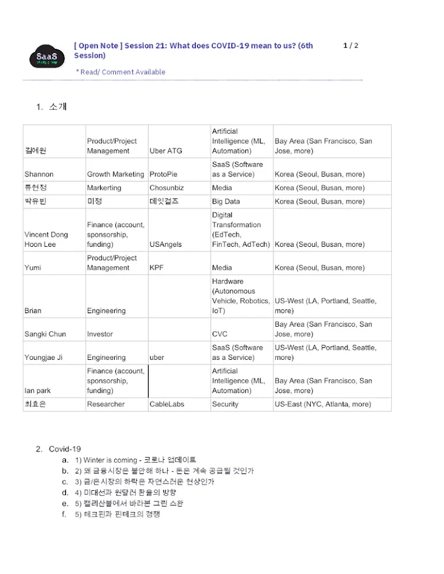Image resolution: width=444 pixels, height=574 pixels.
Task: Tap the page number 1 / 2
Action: click(350, 45)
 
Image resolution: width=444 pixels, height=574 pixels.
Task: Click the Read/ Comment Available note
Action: click(121, 72)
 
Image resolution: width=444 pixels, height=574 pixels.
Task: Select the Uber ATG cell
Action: click(165, 151)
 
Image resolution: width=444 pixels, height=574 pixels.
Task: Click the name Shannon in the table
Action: click(39, 174)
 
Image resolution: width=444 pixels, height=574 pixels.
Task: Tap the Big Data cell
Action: click(226, 201)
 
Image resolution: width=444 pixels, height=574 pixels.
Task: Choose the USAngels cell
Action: click(166, 245)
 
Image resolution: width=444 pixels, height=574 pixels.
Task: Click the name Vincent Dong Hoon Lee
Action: click(46, 239)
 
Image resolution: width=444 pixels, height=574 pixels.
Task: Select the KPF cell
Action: click(156, 267)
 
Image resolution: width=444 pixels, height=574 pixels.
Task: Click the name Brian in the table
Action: click(33, 311)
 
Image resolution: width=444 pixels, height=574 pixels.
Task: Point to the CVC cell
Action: click(219, 334)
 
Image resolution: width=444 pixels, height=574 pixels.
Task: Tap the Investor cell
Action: click(100, 334)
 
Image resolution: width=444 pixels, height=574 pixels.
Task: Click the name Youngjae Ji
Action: click(44, 357)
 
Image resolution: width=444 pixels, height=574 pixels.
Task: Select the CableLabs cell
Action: click(167, 404)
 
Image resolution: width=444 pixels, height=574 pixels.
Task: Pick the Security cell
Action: click(225, 404)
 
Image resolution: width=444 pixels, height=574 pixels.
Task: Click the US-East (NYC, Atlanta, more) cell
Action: click(323, 404)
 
